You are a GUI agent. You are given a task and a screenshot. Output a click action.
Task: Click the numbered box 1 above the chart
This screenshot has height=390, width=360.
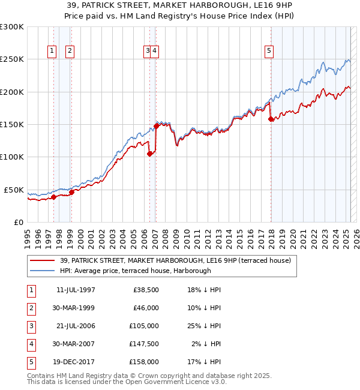53,52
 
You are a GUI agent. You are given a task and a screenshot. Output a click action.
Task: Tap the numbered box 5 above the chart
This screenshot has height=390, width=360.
269,52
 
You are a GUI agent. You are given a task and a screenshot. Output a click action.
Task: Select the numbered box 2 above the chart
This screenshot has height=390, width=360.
70,52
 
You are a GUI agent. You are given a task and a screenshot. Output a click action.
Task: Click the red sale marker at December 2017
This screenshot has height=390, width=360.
271,119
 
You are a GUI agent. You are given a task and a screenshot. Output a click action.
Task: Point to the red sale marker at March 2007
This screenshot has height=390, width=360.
156,126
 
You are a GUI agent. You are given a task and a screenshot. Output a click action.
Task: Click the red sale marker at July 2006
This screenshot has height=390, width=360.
149,154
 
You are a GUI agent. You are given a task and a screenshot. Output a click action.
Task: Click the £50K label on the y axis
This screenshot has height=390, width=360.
14,190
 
